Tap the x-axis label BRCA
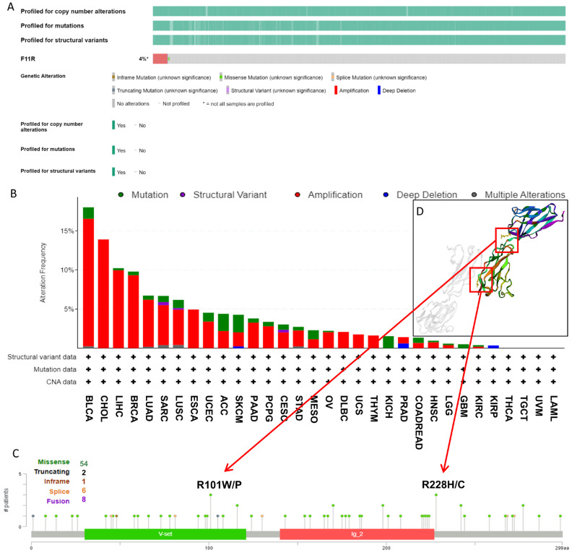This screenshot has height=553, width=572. pos(133,416)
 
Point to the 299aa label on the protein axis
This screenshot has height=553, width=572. pos(563,547)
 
